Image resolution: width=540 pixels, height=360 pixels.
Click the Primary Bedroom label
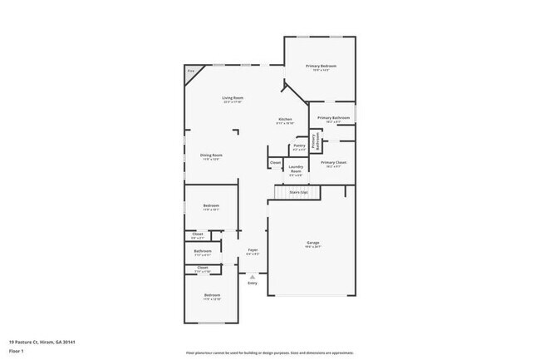pyautogui.click(x=322, y=66)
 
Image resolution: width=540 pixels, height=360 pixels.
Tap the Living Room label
pyautogui.click(x=232, y=98)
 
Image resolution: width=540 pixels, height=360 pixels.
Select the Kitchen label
pyautogui.click(x=285, y=120)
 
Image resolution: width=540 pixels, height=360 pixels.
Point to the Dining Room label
pyautogui.click(x=211, y=155)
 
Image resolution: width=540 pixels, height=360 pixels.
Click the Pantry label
pyautogui.click(x=299, y=145)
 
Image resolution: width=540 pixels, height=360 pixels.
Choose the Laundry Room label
pyautogui.click(x=296, y=169)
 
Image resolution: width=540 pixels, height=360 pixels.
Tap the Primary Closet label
pyautogui.click(x=333, y=162)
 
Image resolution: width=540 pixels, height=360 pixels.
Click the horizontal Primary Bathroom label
pyautogui.click(x=333, y=118)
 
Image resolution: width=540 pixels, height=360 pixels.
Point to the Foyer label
pyautogui.click(x=253, y=249)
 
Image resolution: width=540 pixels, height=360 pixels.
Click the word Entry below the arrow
pyautogui.click(x=253, y=284)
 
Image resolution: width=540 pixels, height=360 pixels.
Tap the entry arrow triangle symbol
pyautogui.click(x=253, y=276)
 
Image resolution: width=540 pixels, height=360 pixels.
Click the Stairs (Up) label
pyautogui.click(x=298, y=192)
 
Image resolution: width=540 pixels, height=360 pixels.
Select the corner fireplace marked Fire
pyautogui.click(x=190, y=72)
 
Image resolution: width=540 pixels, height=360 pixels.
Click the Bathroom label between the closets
pyautogui.click(x=203, y=251)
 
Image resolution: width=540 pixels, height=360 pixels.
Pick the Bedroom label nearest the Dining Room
pyautogui.click(x=211, y=205)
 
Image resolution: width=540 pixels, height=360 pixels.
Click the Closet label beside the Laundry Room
pyautogui.click(x=276, y=162)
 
